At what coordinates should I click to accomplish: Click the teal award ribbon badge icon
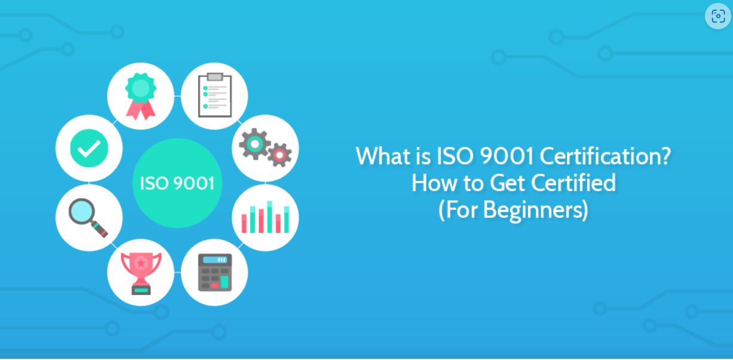tap(141, 96)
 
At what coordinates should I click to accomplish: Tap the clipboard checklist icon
tap(214, 95)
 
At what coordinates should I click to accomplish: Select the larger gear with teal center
tap(254, 144)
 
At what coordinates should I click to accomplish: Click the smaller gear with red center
tap(280, 155)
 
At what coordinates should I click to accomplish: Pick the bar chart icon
tap(265, 217)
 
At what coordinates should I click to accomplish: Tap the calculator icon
tap(214, 272)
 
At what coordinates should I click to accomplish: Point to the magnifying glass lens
tap(82, 211)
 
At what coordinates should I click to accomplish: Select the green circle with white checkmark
tap(89, 148)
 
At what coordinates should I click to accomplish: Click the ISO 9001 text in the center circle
tap(177, 183)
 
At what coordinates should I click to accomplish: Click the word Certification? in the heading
tap(605, 156)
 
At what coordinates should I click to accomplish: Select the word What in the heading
tap(383, 156)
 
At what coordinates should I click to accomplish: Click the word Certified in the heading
tap(573, 183)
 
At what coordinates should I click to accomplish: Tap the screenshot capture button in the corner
tap(718, 16)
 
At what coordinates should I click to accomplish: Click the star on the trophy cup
tap(141, 263)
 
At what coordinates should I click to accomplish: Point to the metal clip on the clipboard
tap(214, 76)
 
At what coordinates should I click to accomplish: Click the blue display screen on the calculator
tap(214, 260)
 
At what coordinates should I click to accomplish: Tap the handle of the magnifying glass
tap(99, 229)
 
